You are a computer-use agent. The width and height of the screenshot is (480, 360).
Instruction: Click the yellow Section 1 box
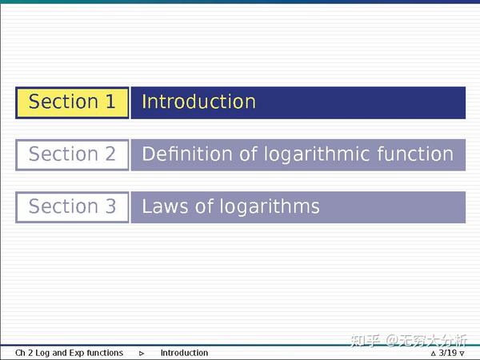pos(72,102)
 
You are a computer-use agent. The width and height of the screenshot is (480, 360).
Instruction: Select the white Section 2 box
pos(72,155)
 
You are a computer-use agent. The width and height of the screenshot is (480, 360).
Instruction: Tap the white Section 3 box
pos(72,207)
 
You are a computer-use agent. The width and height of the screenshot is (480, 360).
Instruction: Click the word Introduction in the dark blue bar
pos(198,102)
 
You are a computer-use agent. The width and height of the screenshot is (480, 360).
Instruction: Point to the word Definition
pos(187,154)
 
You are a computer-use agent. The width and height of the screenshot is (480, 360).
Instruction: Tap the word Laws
pos(165,206)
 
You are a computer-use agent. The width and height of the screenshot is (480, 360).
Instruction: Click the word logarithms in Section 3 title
pos(270,207)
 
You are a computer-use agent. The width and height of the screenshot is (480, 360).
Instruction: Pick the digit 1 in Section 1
pos(110,102)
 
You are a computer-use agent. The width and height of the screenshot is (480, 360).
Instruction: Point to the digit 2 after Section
pos(110,154)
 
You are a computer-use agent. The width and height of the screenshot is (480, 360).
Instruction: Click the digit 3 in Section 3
pos(110,206)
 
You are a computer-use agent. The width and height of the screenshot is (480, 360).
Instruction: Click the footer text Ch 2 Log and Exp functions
pos(69,353)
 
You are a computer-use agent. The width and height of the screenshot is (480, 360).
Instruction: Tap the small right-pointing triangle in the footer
pos(142,354)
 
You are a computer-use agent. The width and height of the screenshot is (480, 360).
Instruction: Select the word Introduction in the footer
pos(184,353)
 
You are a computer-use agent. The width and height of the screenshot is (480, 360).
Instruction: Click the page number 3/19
pos(448,353)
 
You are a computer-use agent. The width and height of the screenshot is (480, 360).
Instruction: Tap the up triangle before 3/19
pos(433,354)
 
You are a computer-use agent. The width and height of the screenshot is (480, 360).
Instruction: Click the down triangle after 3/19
pos(462,354)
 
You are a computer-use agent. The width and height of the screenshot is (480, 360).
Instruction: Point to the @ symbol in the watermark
pos(393,341)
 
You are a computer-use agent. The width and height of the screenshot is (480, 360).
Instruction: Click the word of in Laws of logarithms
pos(204,206)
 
